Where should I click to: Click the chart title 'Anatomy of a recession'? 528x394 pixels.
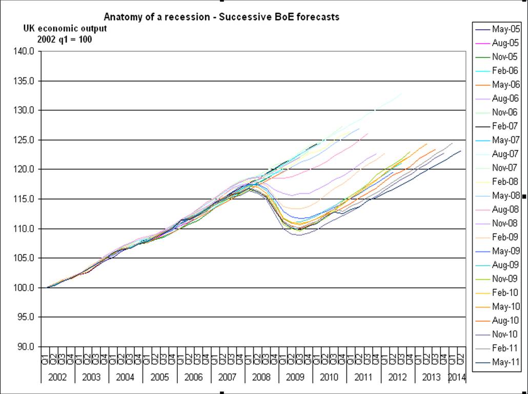(221, 17)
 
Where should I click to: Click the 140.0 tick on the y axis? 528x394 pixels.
(25, 51)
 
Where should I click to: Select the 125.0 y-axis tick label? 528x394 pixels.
(25, 140)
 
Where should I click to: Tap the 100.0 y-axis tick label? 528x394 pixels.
(25, 287)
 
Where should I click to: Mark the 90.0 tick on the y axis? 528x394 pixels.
(25, 347)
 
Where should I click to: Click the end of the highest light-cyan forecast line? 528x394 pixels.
(402, 93)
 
